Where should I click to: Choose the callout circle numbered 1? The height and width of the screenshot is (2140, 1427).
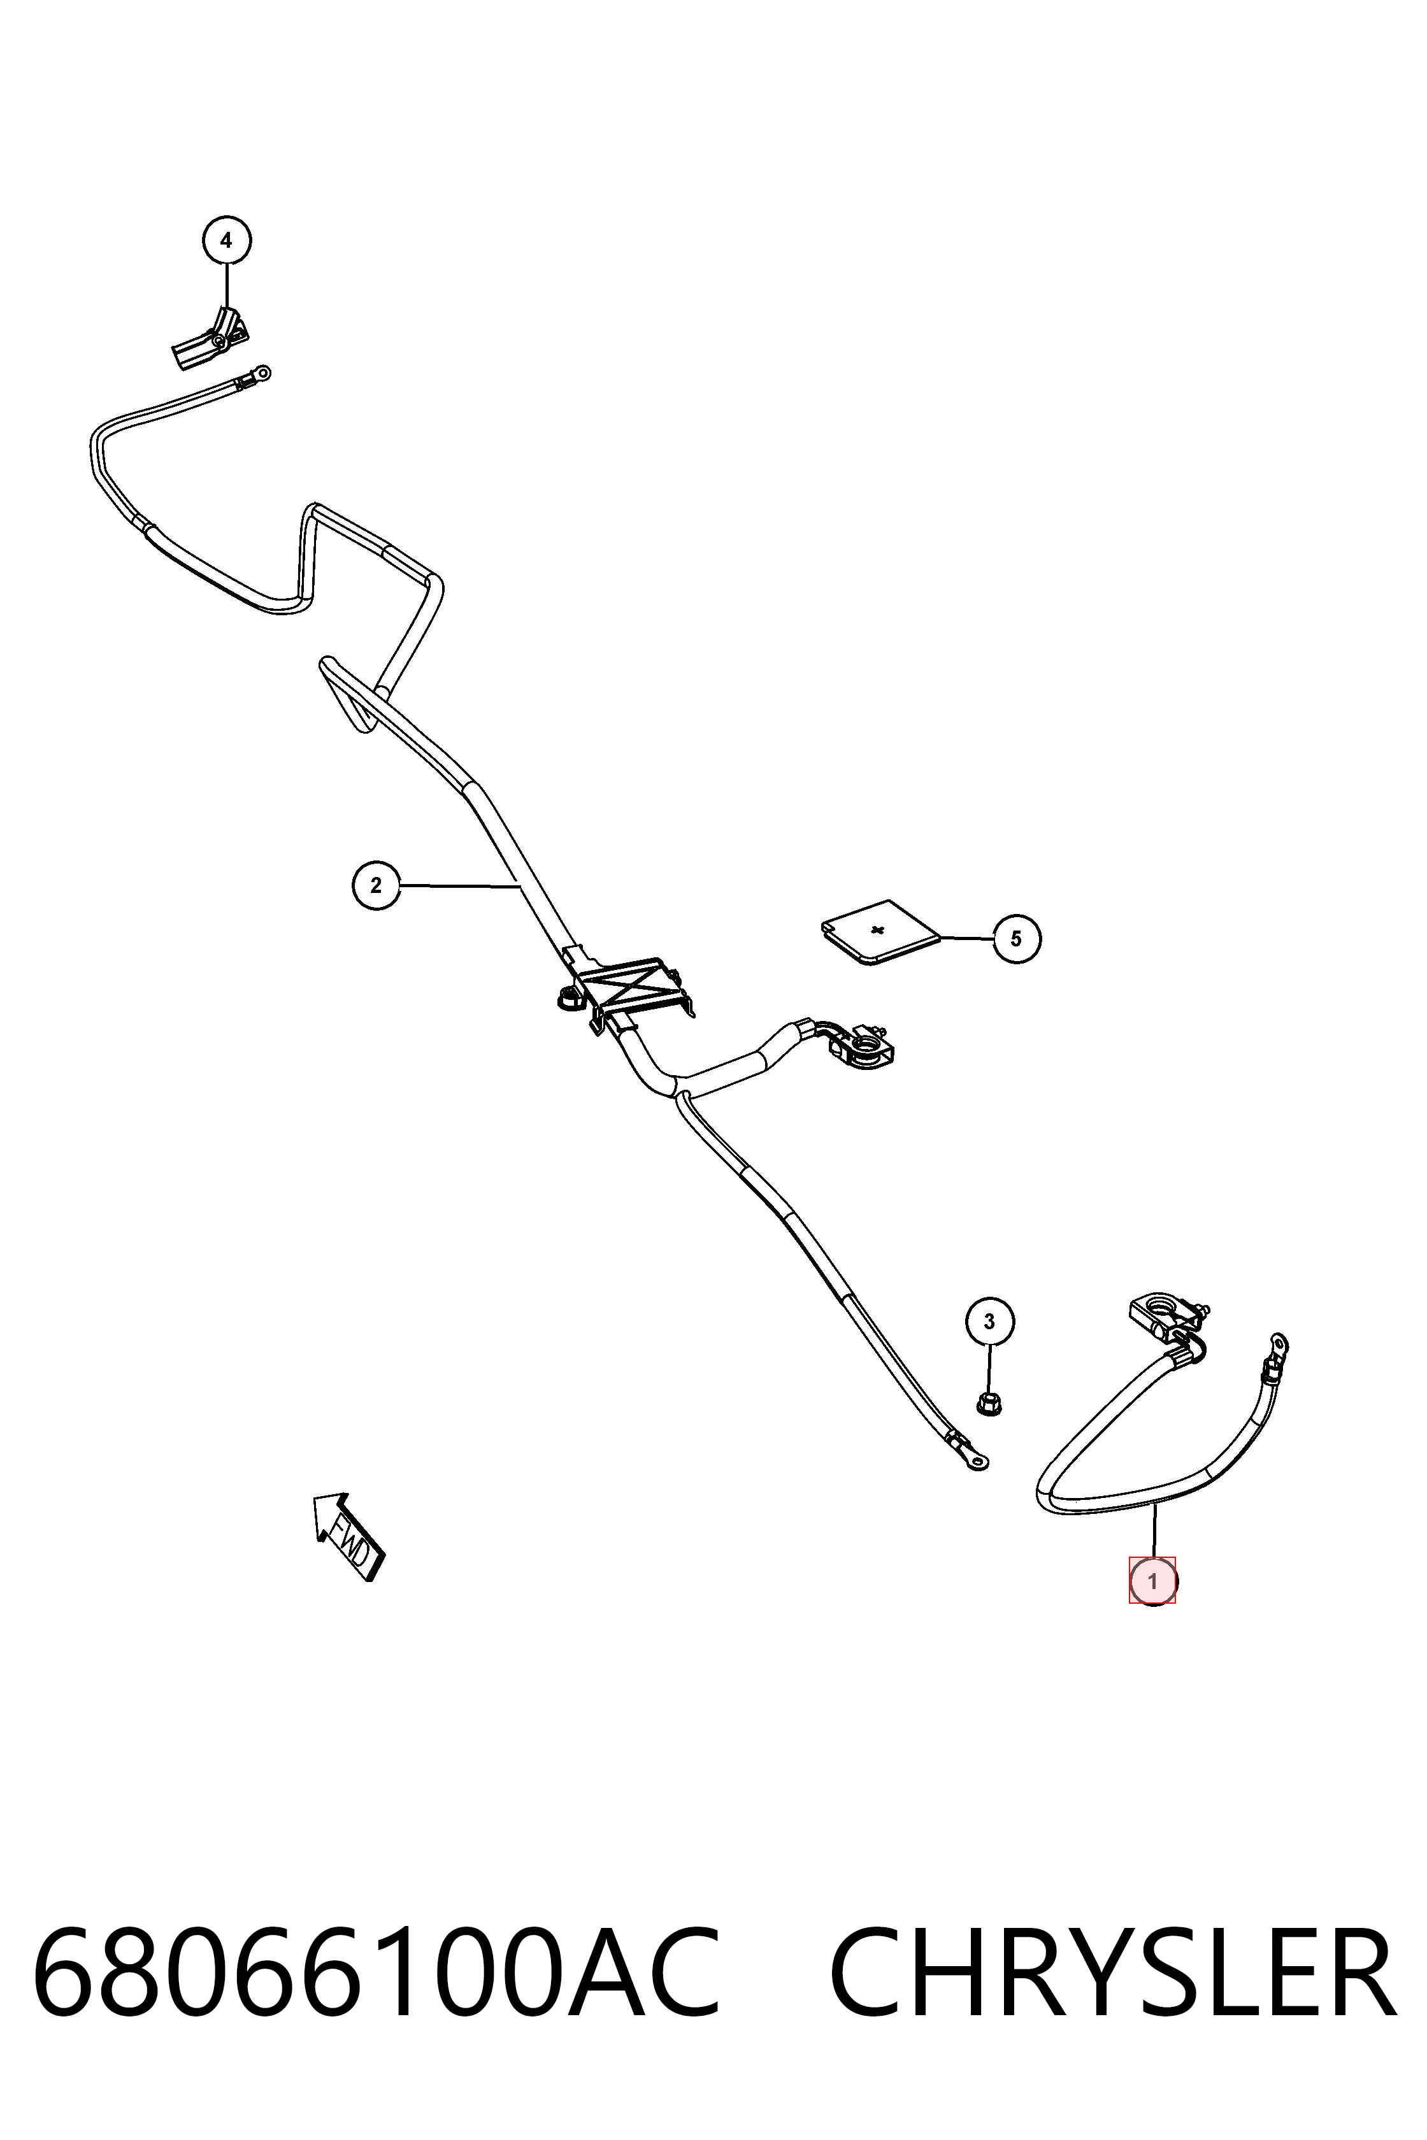click(x=1152, y=1581)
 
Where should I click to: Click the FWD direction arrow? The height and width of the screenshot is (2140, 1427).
click(x=348, y=1535)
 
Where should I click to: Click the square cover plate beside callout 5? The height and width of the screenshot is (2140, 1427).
click(x=879, y=932)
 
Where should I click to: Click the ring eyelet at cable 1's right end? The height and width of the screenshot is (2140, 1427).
click(x=1278, y=1343)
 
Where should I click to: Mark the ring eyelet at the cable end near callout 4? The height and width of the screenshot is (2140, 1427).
click(x=261, y=372)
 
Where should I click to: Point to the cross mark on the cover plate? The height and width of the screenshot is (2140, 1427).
click(x=877, y=930)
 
